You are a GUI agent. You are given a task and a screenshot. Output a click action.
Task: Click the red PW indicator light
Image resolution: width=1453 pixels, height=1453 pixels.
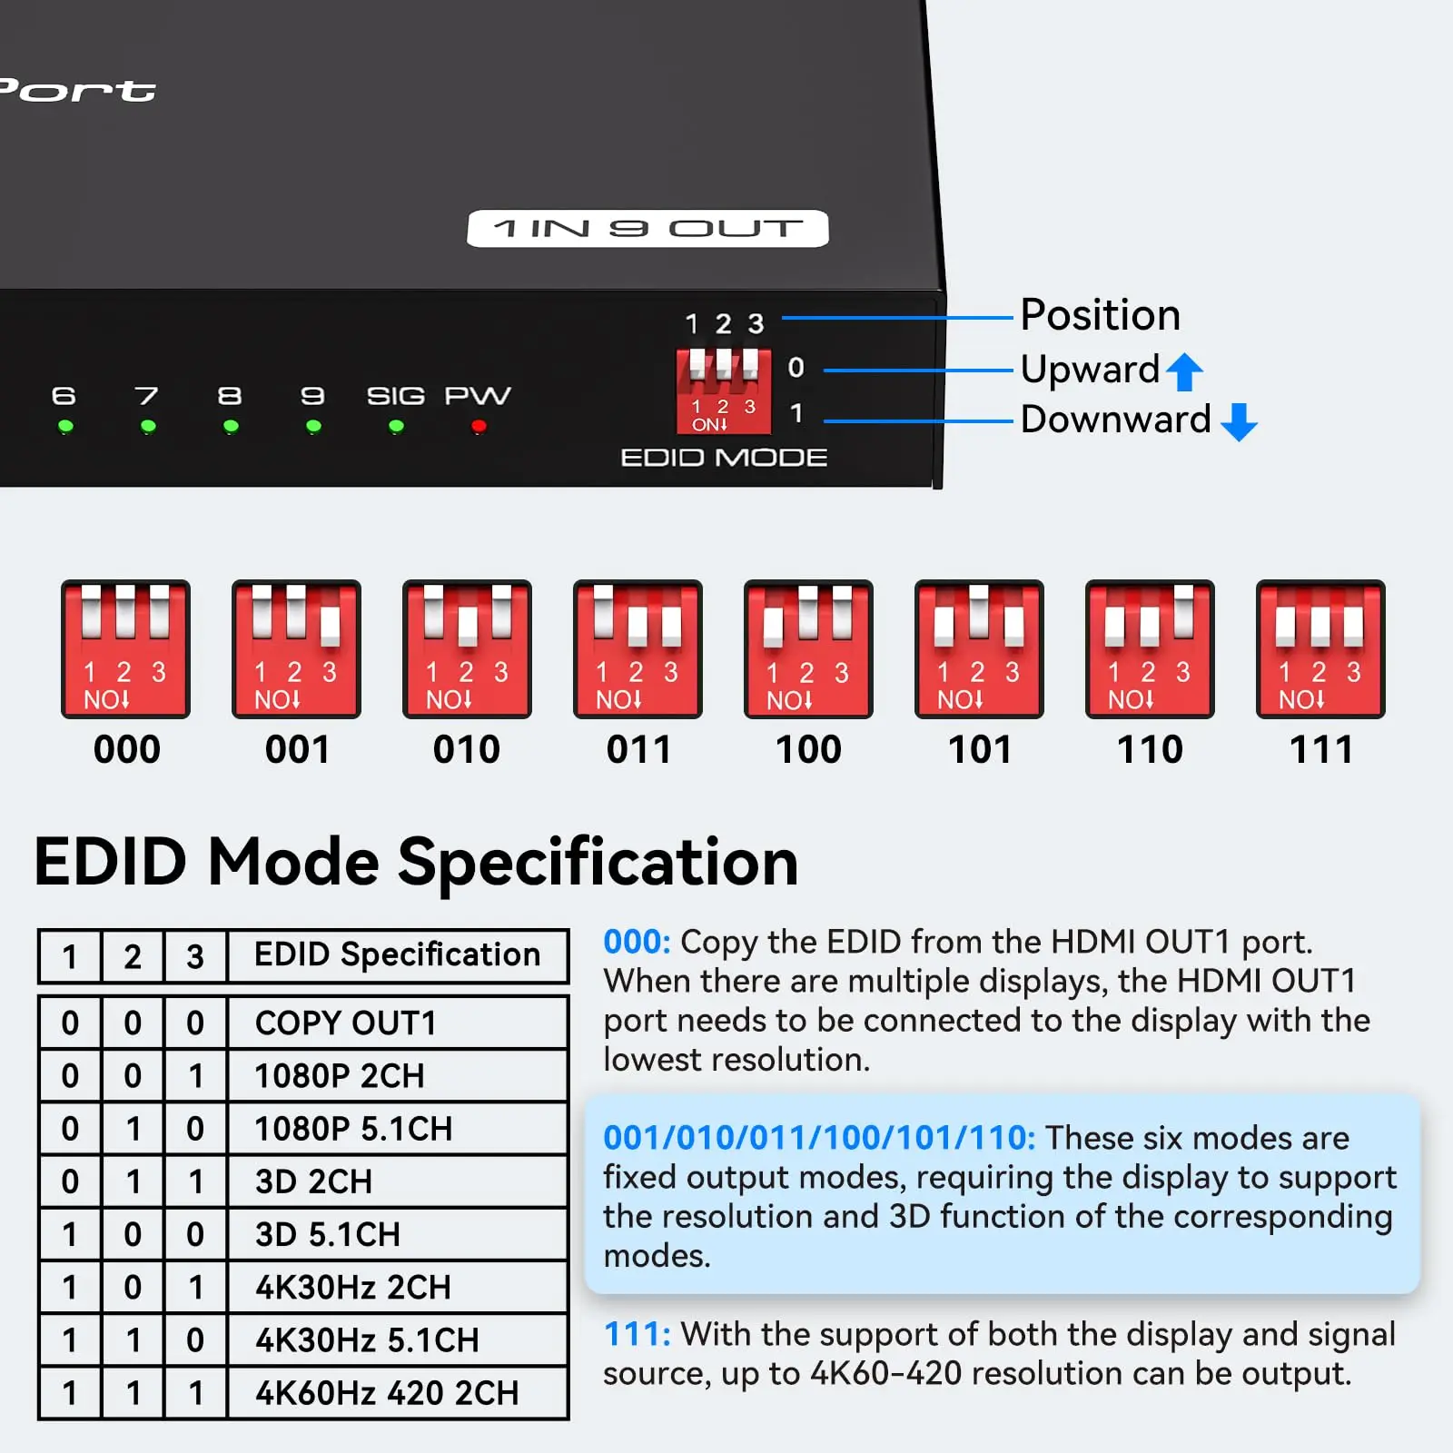(x=479, y=426)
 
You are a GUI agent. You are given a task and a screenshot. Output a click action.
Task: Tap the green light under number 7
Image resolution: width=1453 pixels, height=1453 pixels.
(x=148, y=426)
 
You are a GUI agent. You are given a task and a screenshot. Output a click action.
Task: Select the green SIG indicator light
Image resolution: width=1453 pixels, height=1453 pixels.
(x=396, y=426)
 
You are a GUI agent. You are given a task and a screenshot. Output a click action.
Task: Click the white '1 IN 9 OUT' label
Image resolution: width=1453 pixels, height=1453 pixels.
(x=647, y=229)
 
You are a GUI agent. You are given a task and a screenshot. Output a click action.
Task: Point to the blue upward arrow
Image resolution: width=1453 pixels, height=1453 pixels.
(x=1184, y=371)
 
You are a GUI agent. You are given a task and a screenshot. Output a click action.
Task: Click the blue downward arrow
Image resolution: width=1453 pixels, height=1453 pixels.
(x=1239, y=421)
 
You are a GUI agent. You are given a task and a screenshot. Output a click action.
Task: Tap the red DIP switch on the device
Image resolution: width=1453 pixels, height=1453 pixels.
(x=724, y=390)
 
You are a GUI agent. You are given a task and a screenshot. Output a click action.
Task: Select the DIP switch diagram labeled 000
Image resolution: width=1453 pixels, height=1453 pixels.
(x=125, y=649)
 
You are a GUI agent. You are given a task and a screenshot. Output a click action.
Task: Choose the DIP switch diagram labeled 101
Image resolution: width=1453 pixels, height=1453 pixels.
(x=979, y=649)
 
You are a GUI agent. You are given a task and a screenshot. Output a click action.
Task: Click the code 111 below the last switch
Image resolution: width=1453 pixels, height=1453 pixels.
(x=1321, y=750)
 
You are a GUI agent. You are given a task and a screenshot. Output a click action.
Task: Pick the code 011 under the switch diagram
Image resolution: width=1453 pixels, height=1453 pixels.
(x=638, y=750)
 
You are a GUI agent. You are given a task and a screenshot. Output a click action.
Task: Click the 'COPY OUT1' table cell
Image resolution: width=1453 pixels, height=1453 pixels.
(x=398, y=1023)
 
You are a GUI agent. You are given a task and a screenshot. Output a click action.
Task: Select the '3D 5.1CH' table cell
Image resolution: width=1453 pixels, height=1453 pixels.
(x=398, y=1234)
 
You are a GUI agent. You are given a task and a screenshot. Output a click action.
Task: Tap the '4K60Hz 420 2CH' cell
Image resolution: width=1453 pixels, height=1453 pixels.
(x=398, y=1393)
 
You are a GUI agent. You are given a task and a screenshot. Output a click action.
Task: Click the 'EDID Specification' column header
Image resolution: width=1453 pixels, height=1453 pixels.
(x=398, y=956)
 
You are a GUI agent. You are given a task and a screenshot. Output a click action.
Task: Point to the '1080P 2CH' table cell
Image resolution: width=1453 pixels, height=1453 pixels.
(x=398, y=1075)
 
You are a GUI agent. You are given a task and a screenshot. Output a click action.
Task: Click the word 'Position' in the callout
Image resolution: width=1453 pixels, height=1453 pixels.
(x=1100, y=316)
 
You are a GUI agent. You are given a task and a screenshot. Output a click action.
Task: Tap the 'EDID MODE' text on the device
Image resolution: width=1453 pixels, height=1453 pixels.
(x=724, y=458)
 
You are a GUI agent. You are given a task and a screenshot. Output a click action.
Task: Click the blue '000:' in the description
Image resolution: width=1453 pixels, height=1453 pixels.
(x=637, y=942)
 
